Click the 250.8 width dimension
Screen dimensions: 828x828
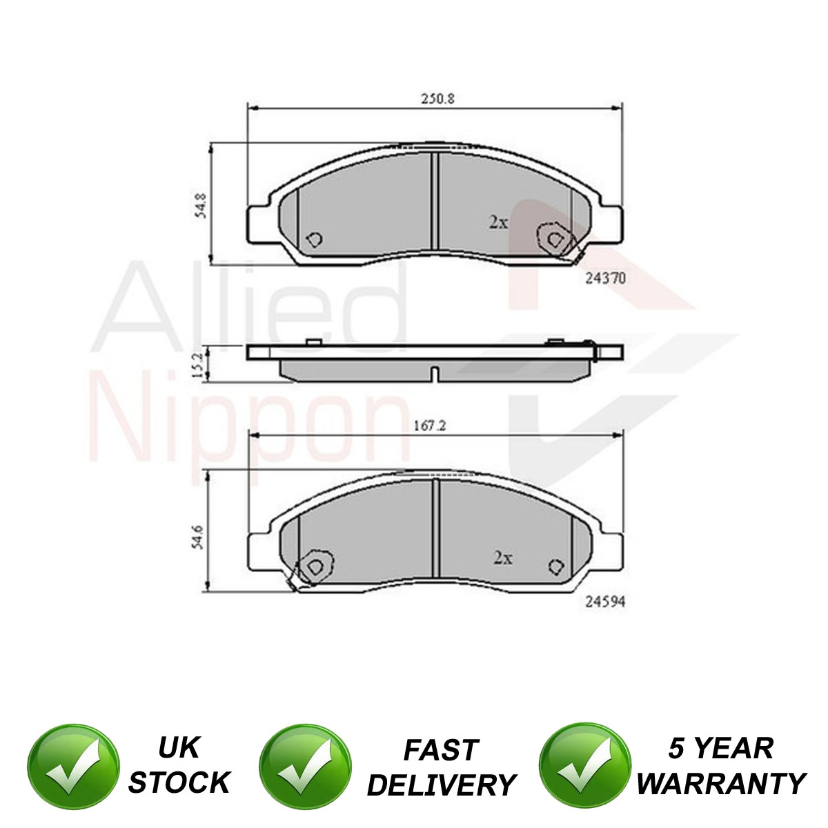click(x=437, y=99)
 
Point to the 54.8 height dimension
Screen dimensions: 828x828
click(x=201, y=206)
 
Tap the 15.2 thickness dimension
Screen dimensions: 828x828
click(x=197, y=366)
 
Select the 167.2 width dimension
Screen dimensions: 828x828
click(x=430, y=426)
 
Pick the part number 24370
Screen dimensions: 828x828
click(x=605, y=279)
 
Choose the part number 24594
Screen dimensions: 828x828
click(x=605, y=602)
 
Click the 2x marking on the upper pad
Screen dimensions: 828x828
click(x=498, y=222)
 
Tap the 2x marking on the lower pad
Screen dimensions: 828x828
click(x=503, y=558)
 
